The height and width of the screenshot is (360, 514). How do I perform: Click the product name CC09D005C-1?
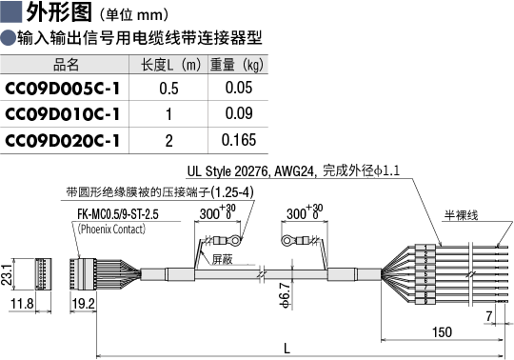click(63, 89)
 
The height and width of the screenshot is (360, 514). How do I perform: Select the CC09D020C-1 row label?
click(63, 141)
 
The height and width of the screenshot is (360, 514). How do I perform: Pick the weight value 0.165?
click(239, 140)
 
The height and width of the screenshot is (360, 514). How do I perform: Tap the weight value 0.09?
click(239, 113)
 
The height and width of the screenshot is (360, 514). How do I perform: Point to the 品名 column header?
click(67, 65)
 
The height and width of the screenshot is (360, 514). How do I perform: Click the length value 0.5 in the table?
click(168, 89)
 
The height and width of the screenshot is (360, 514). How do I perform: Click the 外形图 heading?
click(59, 12)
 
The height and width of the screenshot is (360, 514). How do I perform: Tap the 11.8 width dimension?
click(22, 304)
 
